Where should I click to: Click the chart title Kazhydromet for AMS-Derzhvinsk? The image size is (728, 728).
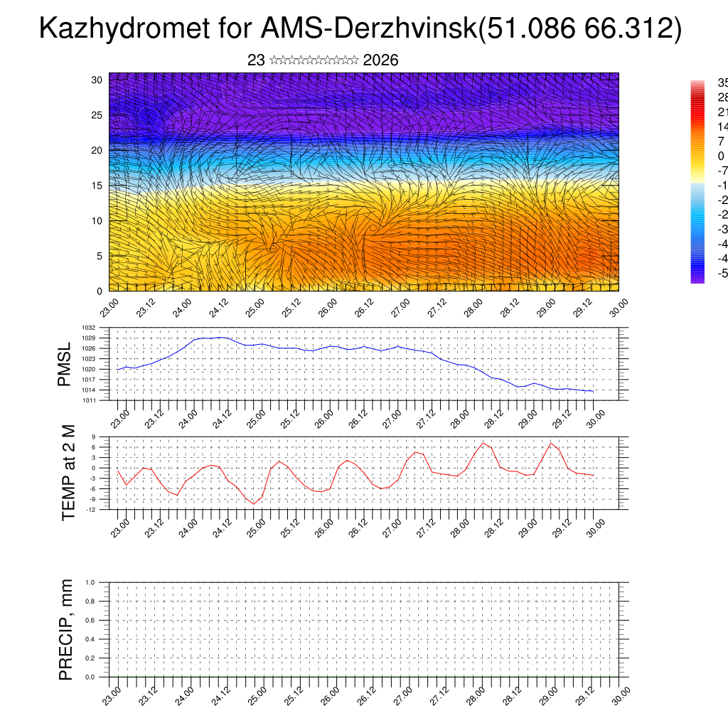[x=360, y=28]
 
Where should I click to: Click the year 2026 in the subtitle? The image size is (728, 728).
[x=380, y=60]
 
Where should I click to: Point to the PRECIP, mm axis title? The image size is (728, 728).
[x=66, y=630]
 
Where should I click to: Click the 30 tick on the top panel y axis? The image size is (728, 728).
[x=97, y=80]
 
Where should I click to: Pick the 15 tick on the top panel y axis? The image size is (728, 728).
[x=97, y=186]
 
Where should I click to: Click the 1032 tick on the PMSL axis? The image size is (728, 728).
[x=90, y=328]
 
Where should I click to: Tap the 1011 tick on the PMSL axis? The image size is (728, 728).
[x=90, y=400]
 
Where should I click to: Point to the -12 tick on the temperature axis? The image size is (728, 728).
[x=92, y=509]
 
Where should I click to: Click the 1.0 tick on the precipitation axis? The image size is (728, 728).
[x=90, y=582]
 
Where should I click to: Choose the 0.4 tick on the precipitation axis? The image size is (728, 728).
[x=90, y=639]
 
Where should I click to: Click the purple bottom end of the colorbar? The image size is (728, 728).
[x=697, y=279]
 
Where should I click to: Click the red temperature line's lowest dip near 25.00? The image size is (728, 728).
[x=253, y=504]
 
